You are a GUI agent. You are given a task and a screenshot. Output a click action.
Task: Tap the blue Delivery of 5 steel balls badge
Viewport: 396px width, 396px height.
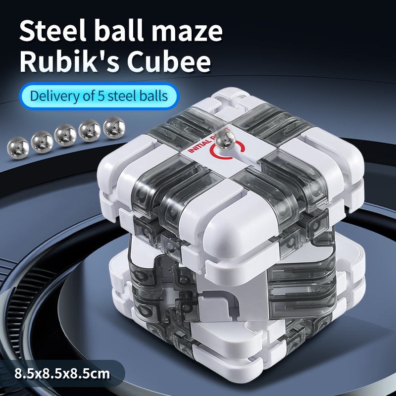pos(99,96)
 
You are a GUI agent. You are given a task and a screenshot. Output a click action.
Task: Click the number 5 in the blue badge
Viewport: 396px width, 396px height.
pos(101,96)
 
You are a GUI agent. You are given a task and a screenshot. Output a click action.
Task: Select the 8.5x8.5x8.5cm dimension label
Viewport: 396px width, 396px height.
pos(62,374)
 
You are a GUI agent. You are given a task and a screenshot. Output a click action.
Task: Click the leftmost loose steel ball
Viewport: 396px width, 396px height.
pos(18,148)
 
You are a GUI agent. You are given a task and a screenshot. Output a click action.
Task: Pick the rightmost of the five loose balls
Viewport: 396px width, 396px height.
pos(114,128)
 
